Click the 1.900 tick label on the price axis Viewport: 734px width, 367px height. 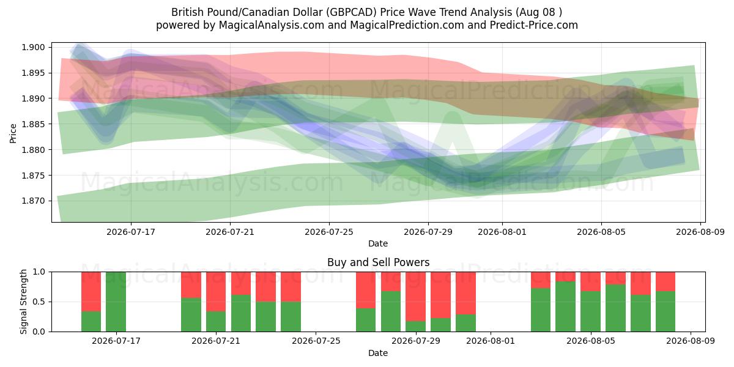(33, 47)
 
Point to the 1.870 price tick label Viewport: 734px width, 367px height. (33, 201)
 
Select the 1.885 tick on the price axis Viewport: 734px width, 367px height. (33, 124)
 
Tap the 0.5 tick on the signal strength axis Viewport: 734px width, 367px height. (39, 302)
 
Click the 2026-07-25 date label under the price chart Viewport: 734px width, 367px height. (329, 232)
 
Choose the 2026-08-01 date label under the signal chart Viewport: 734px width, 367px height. (491, 341)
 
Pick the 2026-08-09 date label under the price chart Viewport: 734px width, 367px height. (700, 232)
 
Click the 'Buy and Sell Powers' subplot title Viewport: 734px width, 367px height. (378, 262)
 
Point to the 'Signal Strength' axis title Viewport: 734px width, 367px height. (23, 302)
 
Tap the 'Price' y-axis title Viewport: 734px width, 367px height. (13, 133)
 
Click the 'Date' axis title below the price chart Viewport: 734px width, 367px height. (378, 243)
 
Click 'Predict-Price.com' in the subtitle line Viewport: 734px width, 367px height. (534, 25)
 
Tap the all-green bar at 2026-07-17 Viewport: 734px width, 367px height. (116, 302)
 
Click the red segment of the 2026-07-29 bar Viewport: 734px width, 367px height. (415, 297)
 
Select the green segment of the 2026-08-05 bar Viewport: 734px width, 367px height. (590, 311)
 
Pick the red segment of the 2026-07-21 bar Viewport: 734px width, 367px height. (216, 292)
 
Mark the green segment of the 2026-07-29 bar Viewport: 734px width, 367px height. (415, 327)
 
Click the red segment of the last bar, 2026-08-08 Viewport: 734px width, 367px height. (665, 281)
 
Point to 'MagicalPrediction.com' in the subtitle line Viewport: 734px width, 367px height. (407, 25)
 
